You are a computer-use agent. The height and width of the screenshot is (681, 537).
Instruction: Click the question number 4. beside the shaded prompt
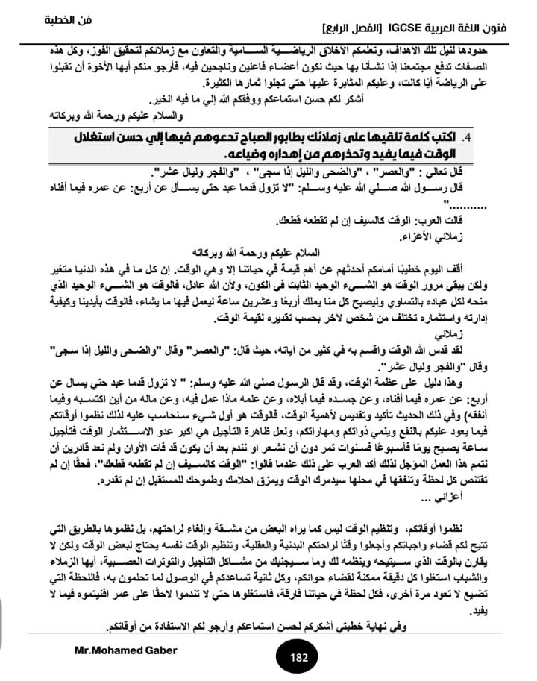(x=468, y=139)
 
